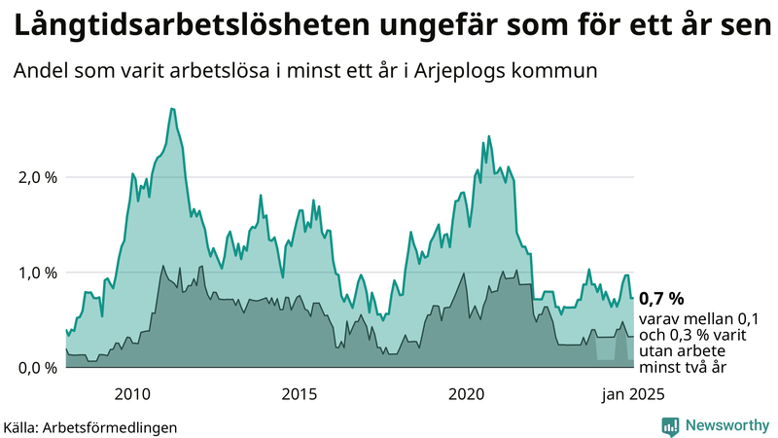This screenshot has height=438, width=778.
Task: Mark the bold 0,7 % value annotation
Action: [x=661, y=298]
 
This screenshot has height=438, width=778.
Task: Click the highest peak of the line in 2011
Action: [x=172, y=109]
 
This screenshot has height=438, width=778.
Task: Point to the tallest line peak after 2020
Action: [x=488, y=136]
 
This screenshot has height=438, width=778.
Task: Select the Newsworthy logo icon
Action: [x=670, y=425]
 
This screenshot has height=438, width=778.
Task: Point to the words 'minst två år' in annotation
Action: [x=682, y=368]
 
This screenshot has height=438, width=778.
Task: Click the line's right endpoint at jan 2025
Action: [x=633, y=298]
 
